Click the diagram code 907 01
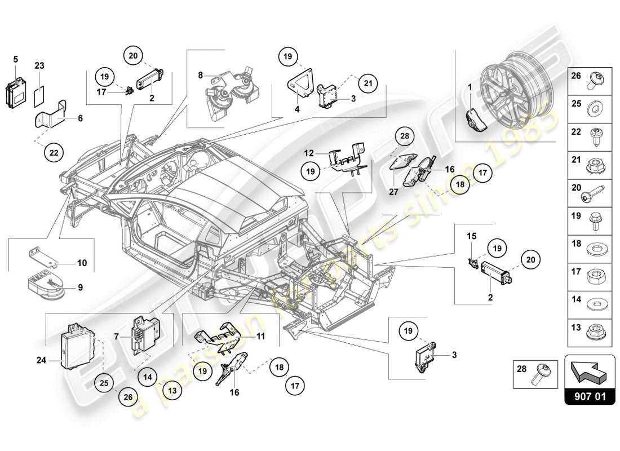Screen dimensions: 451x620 [x=589, y=396]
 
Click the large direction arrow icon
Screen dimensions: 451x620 [x=589, y=370]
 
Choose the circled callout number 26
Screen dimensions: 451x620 [x=127, y=397]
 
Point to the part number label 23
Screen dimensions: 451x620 [x=39, y=65]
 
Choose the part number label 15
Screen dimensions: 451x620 [x=471, y=235]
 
